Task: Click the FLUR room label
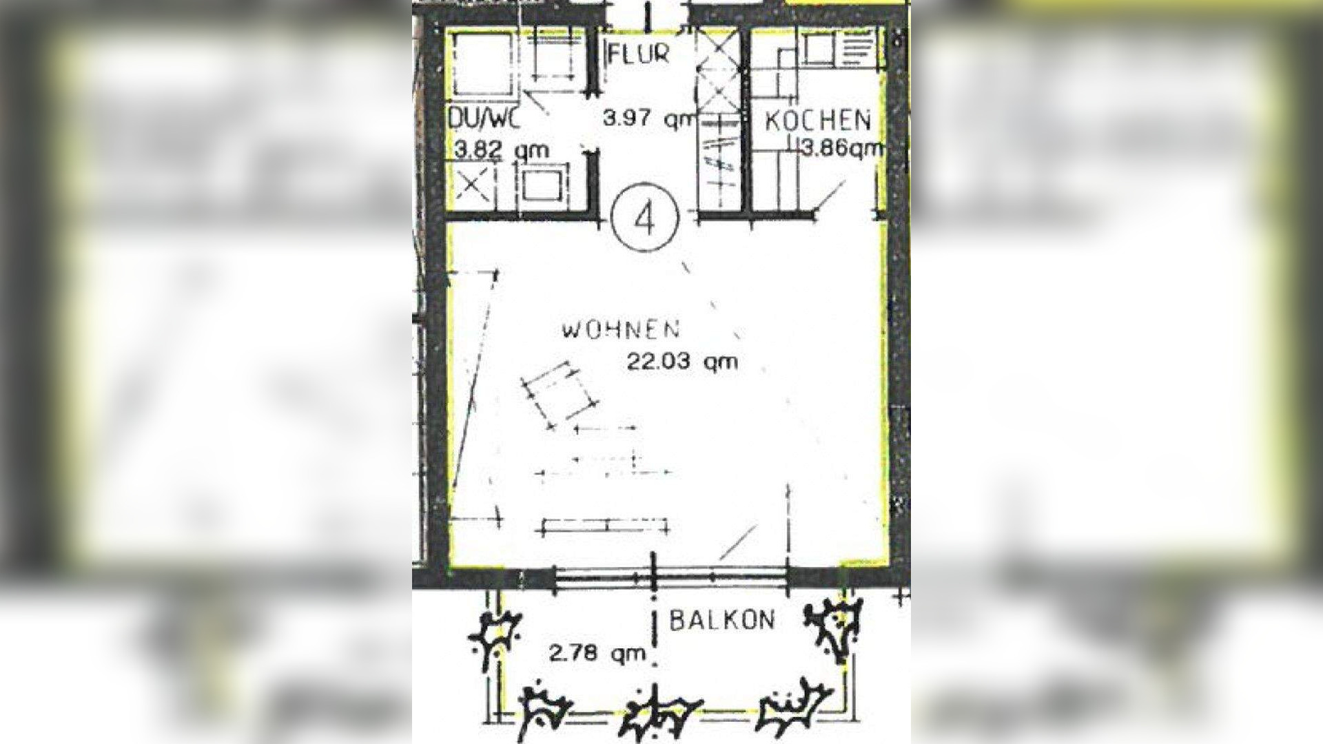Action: (x=638, y=54)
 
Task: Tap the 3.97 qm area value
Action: (x=650, y=118)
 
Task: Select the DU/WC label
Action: (x=484, y=118)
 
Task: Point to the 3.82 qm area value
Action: (x=502, y=149)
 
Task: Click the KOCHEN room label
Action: (x=818, y=121)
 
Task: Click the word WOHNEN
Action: (x=621, y=330)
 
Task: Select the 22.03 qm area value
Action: (x=681, y=361)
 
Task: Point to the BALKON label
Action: (x=722, y=620)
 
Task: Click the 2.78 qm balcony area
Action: (x=597, y=652)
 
